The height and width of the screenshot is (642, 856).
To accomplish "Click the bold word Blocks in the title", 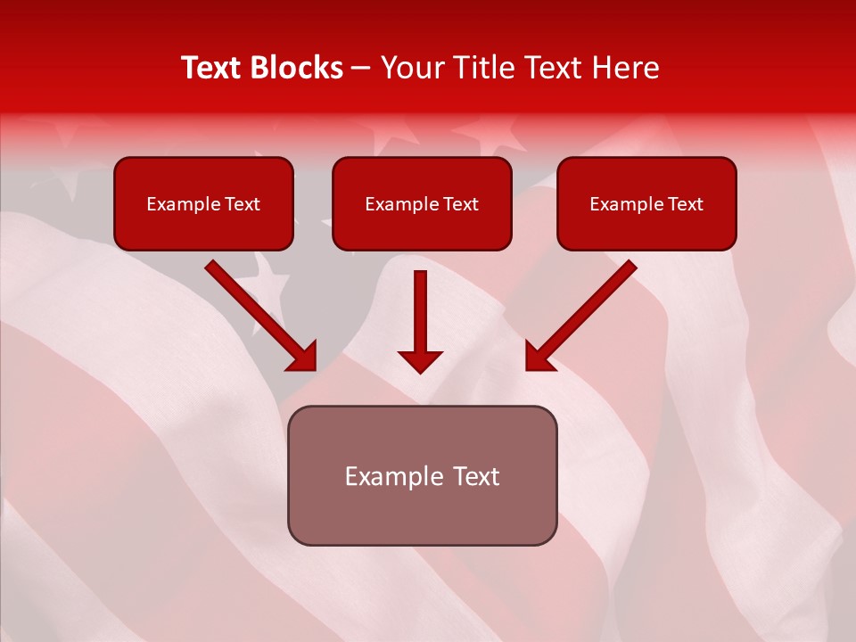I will pos(296,68).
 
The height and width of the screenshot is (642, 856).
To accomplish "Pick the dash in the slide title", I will pos(361,68).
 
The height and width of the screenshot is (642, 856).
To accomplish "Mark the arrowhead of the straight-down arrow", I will pos(420,361).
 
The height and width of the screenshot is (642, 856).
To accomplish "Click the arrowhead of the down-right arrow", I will pos(305,358).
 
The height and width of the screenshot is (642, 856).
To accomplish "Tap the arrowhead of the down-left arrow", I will pos(538,358).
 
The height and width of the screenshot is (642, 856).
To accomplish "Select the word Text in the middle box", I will pos(460,204).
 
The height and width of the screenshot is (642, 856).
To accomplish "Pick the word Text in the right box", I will pos(685,204).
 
